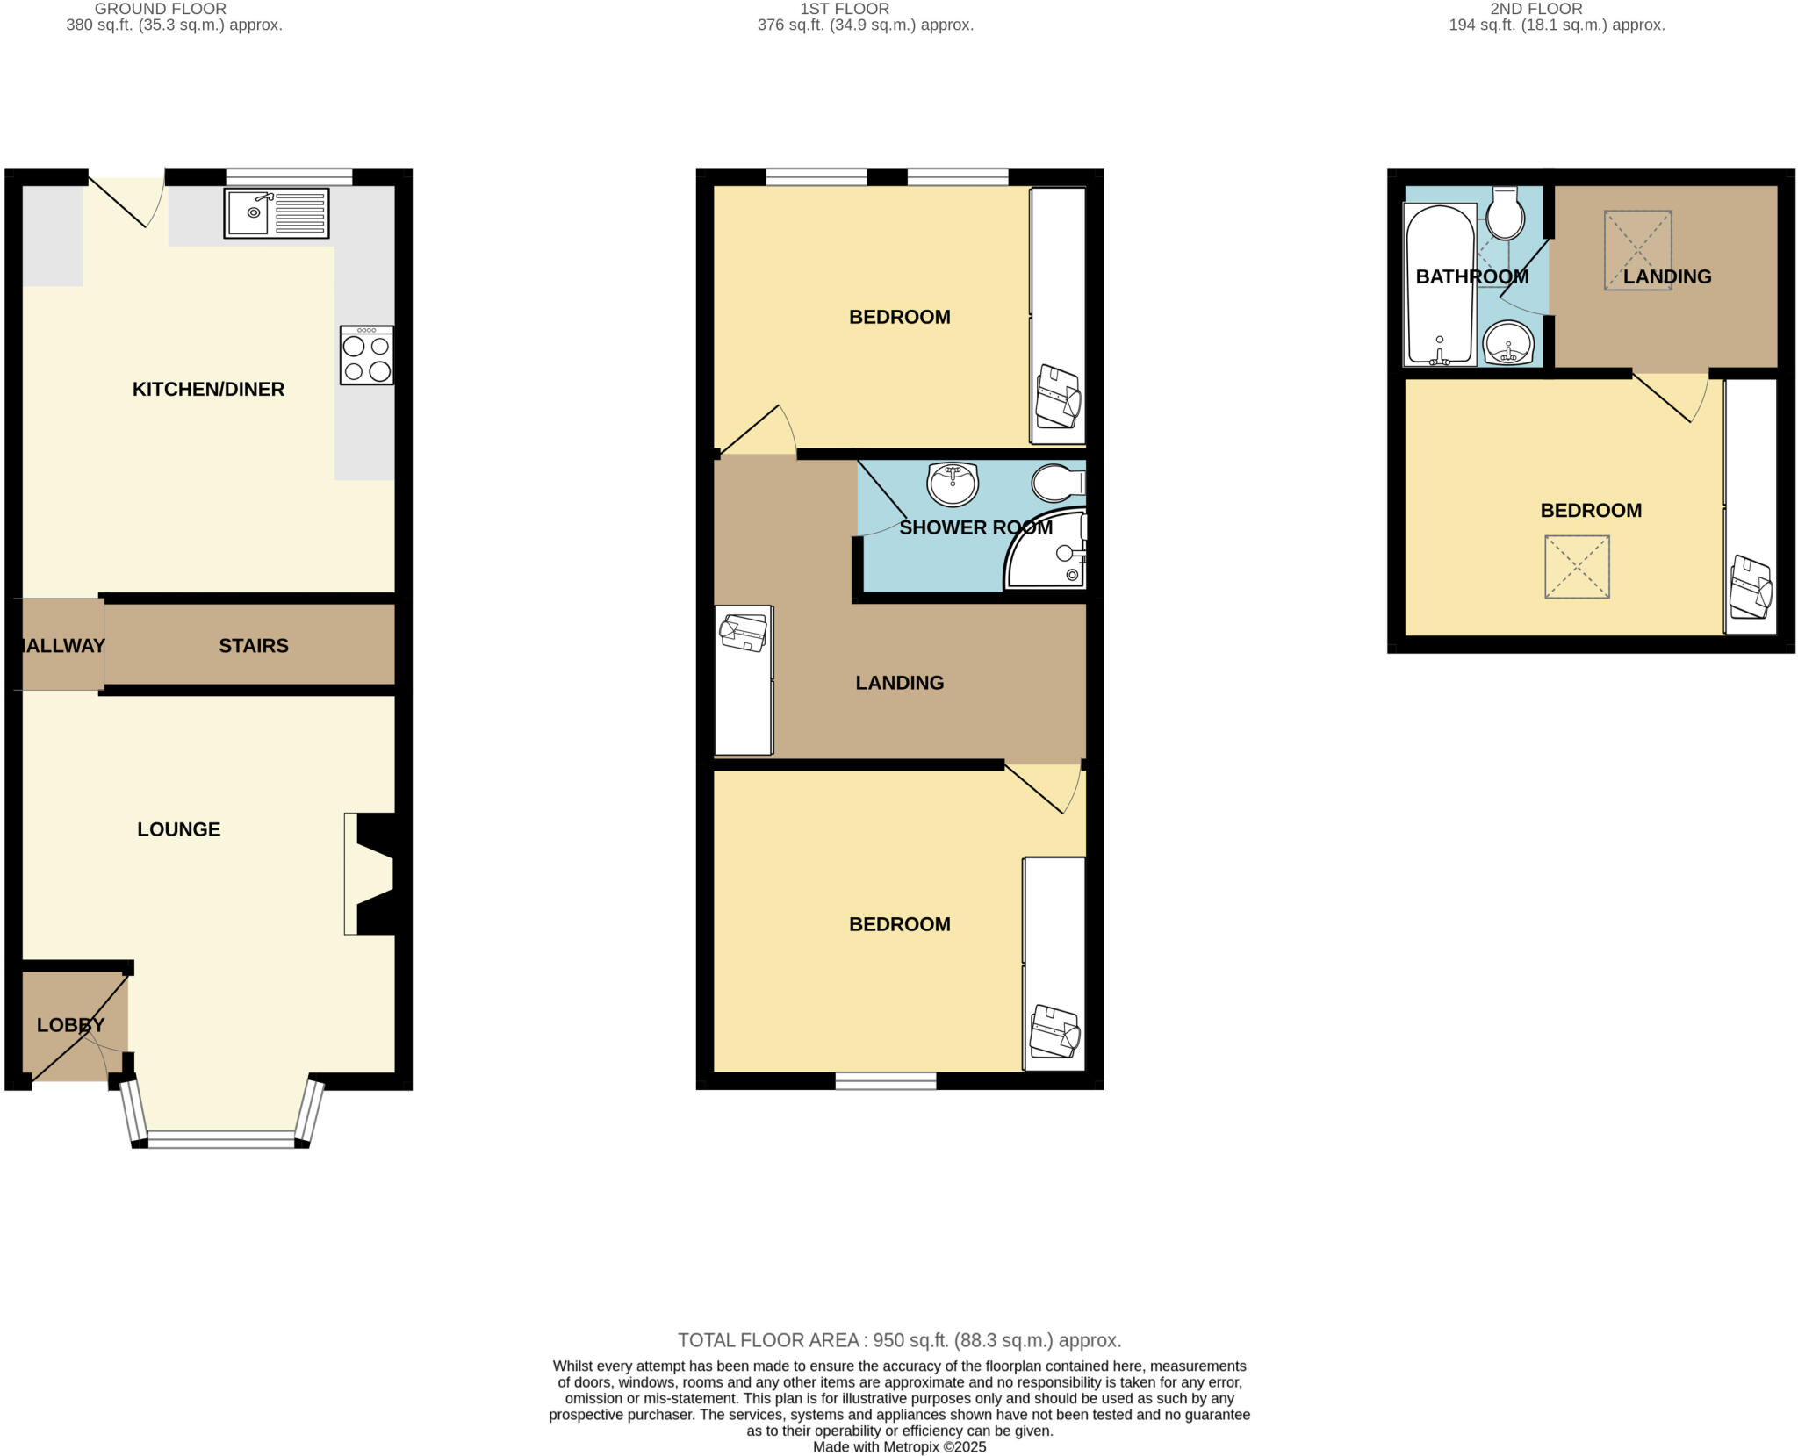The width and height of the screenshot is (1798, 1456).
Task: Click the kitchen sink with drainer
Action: pos(276,213)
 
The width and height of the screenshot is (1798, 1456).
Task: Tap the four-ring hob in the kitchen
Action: pos(366,356)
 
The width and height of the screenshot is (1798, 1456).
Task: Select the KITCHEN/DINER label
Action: pos(208,389)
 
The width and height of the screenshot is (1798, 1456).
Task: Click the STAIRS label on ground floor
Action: pos(253,646)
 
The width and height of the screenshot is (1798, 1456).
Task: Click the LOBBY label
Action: pos(70,1025)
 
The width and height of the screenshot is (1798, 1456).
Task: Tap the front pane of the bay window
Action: pos(221,1139)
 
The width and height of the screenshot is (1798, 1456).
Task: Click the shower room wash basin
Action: pos(953,484)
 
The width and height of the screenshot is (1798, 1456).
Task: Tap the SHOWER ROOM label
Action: pos(975,527)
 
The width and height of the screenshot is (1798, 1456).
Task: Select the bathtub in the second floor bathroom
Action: pos(1440,285)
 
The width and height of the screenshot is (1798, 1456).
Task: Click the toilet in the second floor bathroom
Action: pos(1506,213)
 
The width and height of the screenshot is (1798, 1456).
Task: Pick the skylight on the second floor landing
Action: pos(1637,250)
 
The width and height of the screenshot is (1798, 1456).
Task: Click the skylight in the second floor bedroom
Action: pos(1577,567)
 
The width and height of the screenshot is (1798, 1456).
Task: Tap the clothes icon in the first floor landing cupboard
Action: pos(744,633)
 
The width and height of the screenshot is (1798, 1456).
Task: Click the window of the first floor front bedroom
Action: pos(885,1080)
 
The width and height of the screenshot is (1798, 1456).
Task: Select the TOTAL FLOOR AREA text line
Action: pos(899,1340)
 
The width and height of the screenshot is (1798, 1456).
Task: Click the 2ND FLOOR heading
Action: pos(1535,9)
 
